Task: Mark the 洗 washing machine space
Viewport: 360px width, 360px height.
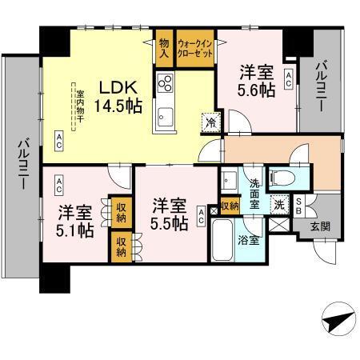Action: tap(280, 204)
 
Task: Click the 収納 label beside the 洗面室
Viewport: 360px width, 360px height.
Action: tap(230, 206)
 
